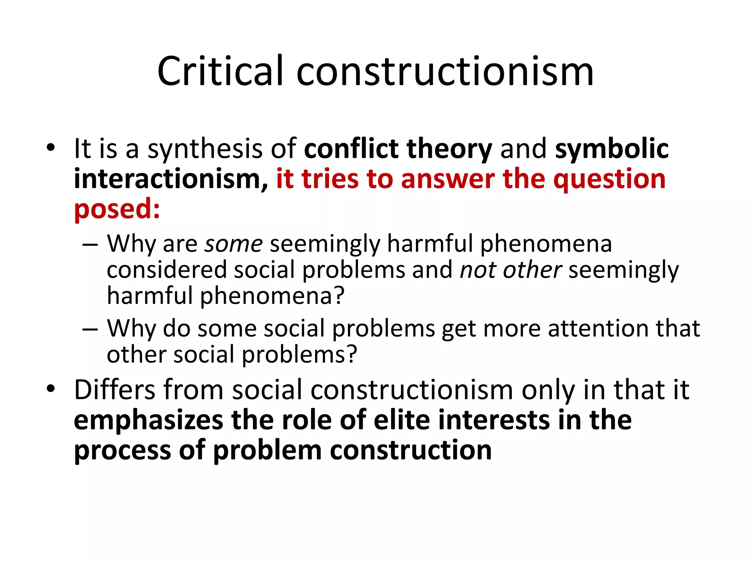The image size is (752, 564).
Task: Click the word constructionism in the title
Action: tap(445, 71)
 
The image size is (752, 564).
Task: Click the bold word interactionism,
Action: tap(171, 179)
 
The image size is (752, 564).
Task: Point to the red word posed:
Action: tap(117, 209)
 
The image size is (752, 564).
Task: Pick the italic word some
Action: tap(234, 244)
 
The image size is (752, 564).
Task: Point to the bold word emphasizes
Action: tap(148, 420)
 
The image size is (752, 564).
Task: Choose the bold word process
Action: tap(122, 451)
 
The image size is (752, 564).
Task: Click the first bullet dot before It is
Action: tap(51, 148)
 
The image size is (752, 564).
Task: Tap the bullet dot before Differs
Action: tap(51, 389)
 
